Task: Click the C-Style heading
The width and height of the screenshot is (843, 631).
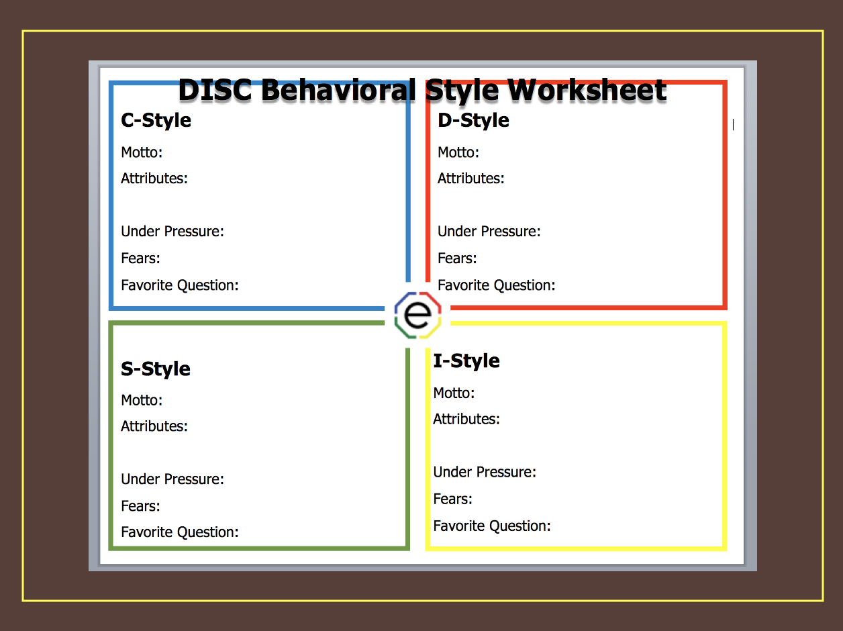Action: tap(156, 121)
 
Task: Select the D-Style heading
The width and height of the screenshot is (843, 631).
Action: tap(473, 121)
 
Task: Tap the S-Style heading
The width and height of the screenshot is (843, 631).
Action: tap(156, 369)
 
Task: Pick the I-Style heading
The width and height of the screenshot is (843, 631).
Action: tap(466, 361)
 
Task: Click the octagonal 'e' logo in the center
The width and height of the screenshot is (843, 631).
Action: tap(417, 315)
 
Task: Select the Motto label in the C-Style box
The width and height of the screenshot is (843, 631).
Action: tap(142, 152)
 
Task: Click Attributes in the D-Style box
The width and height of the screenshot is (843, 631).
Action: tap(470, 179)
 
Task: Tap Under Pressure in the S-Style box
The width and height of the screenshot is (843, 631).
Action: tap(172, 479)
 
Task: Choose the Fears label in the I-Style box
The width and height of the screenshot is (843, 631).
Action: tap(452, 499)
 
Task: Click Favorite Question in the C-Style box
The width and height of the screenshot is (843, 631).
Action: tap(180, 285)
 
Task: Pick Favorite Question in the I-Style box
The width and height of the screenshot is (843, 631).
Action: tap(492, 526)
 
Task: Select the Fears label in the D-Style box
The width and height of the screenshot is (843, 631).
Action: tap(457, 258)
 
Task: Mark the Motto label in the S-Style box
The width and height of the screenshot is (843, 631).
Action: tap(142, 401)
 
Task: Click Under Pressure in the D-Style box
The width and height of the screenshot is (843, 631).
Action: tap(489, 232)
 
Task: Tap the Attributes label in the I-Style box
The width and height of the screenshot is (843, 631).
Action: tap(466, 420)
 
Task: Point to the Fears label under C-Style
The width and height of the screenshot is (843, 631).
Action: tap(140, 258)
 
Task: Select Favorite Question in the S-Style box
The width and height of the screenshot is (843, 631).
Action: tap(180, 532)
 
